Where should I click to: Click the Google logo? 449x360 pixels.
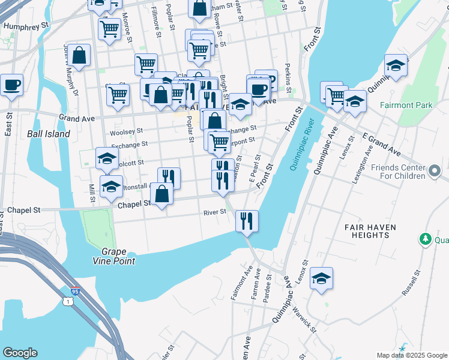(x=20, y=353)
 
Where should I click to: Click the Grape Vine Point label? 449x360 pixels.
(x=118, y=256)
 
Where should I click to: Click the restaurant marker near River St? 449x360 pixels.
(x=247, y=221)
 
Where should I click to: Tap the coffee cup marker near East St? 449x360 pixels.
(x=11, y=85)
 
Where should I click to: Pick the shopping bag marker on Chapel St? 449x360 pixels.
(x=162, y=194)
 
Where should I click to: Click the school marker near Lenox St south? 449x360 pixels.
(x=322, y=278)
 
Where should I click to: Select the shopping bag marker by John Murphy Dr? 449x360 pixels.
(x=79, y=56)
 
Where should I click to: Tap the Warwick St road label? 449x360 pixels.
(x=306, y=317)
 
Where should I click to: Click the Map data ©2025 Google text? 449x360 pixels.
(x=412, y=355)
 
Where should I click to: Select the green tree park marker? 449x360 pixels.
(x=426, y=239)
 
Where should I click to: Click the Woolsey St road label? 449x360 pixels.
(x=126, y=131)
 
